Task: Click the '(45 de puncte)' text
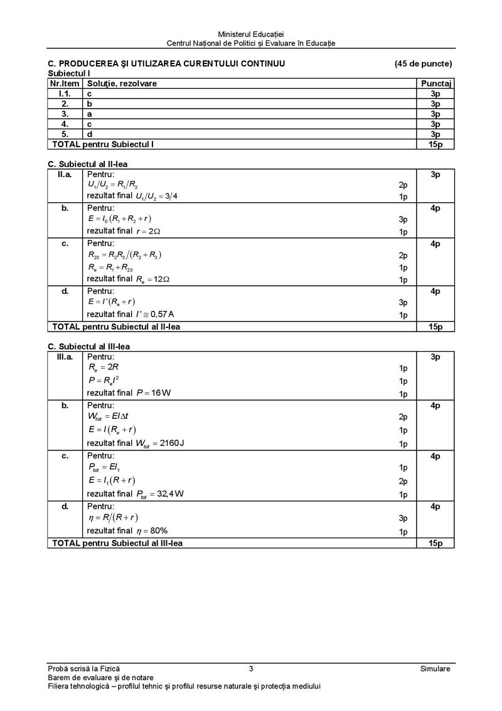[x=423, y=63]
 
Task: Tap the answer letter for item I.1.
[x=89, y=93]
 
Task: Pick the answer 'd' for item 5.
[x=90, y=134]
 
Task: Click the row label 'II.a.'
[x=65, y=174]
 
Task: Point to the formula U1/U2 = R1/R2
[x=113, y=185]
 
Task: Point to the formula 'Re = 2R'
[x=100, y=368]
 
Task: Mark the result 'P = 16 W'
[x=154, y=393]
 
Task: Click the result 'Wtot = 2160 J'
[x=160, y=443]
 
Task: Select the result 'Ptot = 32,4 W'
[x=160, y=494]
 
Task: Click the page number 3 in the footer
[x=250, y=669]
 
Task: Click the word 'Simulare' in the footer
[x=435, y=669]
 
